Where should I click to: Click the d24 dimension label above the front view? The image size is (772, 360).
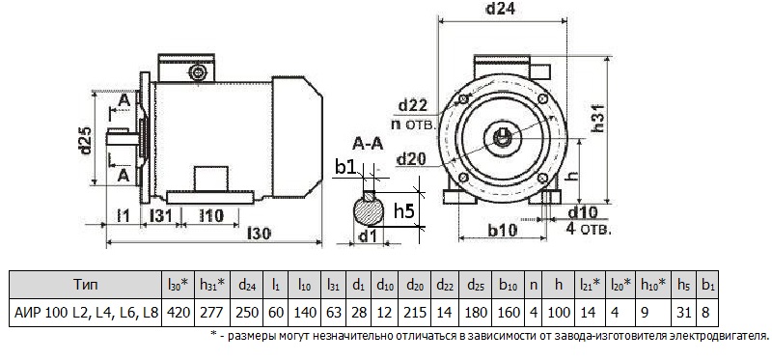tap(501, 9)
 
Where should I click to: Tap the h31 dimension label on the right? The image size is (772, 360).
tap(598, 117)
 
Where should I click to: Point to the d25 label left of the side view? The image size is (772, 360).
tap(85, 141)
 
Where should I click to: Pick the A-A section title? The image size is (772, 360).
tap(368, 144)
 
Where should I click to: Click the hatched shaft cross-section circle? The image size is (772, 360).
tap(369, 211)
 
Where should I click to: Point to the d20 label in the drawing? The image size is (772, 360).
tap(412, 158)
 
